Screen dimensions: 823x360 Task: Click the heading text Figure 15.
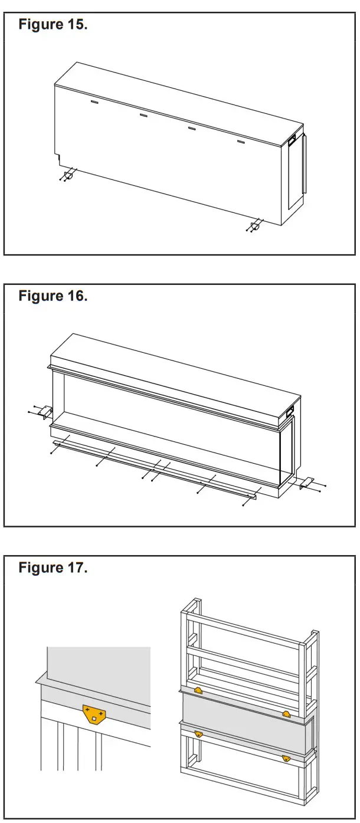53,25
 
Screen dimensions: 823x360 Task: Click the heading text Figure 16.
53,296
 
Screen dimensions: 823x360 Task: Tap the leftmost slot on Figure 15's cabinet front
94,101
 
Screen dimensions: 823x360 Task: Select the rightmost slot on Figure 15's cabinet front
241,142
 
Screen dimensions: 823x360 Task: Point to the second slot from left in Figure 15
143,115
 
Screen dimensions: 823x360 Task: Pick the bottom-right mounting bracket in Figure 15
257,225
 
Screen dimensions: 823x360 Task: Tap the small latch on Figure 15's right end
292,140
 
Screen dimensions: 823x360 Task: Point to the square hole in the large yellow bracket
94,719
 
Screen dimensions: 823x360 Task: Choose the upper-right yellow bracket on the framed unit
286,714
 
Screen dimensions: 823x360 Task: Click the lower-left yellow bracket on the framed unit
198,734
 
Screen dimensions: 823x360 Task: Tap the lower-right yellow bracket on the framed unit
286,758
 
